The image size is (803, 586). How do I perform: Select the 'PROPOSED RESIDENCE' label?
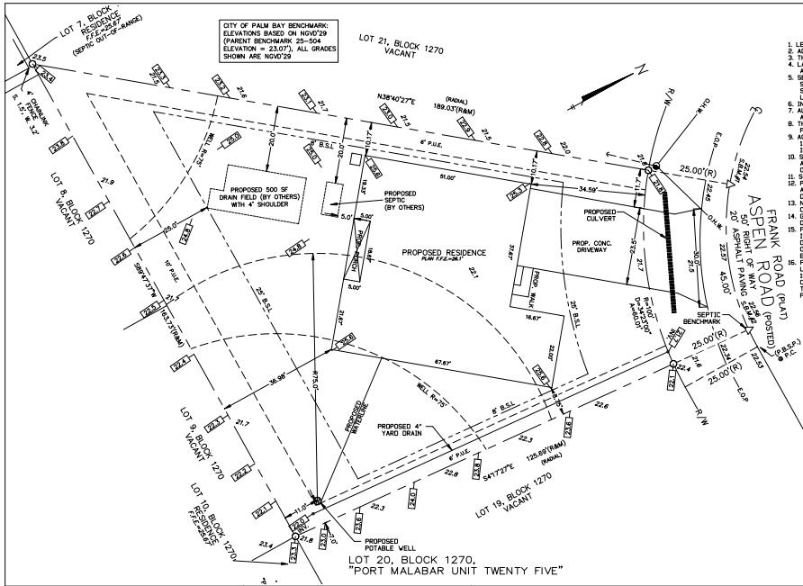coord(444,253)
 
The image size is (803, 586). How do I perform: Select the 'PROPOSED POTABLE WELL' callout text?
coord(389,545)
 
